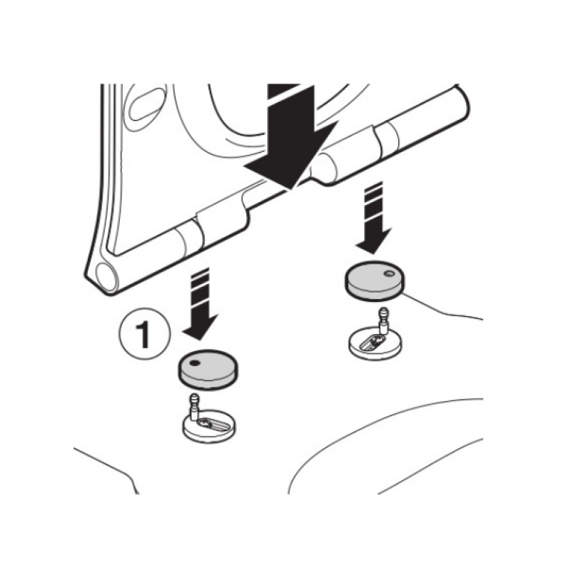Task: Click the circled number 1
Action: click(x=145, y=335)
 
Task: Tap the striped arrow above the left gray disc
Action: click(x=200, y=304)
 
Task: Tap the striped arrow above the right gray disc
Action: click(x=373, y=218)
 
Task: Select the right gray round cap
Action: click(x=374, y=281)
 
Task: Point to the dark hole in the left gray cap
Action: click(x=196, y=363)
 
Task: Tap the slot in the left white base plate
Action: click(x=213, y=425)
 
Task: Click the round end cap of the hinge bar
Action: click(x=106, y=278)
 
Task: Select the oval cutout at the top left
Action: click(x=146, y=104)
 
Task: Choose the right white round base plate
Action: click(x=375, y=343)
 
